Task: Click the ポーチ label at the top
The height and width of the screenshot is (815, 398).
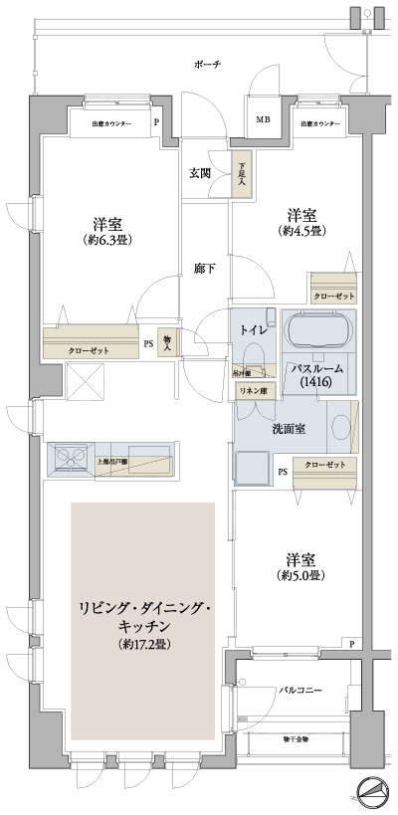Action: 206,64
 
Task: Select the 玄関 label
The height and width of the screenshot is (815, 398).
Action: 200,173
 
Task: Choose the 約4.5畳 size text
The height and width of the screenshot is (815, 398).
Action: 302,231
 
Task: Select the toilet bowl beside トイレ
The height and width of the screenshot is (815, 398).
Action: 253,355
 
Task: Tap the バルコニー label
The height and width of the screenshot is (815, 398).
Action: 298,689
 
